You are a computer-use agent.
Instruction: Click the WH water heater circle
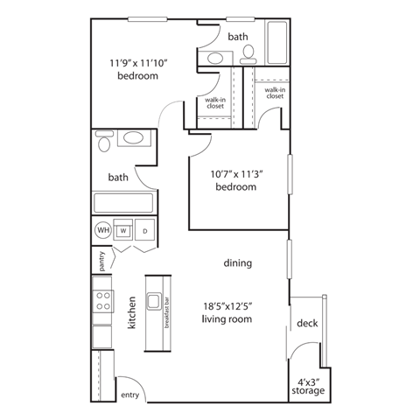pos(103,231)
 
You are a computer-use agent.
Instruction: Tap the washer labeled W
pos(123,231)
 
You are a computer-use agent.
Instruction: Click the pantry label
pos(101,262)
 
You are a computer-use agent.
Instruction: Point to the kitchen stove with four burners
pos(102,301)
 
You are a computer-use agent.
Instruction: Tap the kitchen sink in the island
pos(156,303)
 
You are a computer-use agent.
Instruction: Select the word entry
pos(129,395)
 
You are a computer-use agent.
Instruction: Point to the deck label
pos(307,323)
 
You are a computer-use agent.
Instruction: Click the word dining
pos(237,262)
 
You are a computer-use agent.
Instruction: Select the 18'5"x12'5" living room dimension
pos(239,305)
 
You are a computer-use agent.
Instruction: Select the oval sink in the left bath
pos(134,139)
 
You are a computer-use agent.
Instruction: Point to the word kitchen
pos(132,311)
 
